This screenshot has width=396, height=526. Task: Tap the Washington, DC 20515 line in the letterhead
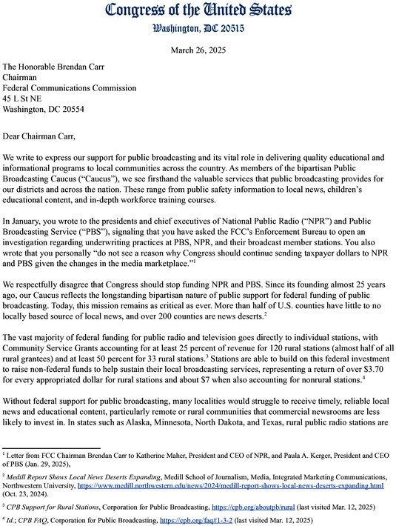coord(198,28)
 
